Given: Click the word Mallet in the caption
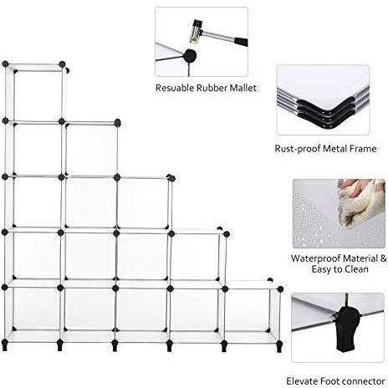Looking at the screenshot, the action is click(x=242, y=88).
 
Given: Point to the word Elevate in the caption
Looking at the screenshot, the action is click(x=302, y=380).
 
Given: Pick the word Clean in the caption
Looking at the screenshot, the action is click(x=356, y=269).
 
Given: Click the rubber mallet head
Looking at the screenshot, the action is click(x=196, y=32).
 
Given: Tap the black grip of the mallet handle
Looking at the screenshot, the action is click(x=241, y=42).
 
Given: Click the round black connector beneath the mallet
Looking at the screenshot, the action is click(x=190, y=56).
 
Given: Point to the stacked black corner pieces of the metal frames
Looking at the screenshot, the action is click(x=327, y=113).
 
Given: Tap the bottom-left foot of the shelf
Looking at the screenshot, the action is click(x=5, y=345).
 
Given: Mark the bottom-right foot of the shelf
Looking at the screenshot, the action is click(x=279, y=346).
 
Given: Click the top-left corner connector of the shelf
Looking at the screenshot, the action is click(x=5, y=64).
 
